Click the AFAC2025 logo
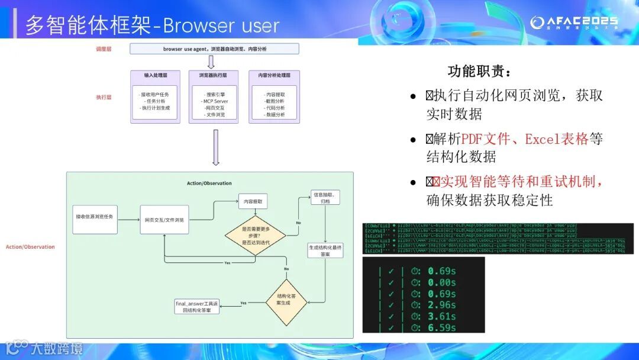pos(573,22)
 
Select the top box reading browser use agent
pos(215,49)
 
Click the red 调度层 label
pos(104,49)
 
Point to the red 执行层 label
pos(104,97)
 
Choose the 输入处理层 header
pos(155,76)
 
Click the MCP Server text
pos(214,101)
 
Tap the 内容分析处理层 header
pos(274,76)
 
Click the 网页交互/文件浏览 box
pos(164,220)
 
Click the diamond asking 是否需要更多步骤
pos(255,235)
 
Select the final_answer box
pos(197,307)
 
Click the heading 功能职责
pos(479,72)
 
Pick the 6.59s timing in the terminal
pos(440,327)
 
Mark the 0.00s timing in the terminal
pos(440,282)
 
